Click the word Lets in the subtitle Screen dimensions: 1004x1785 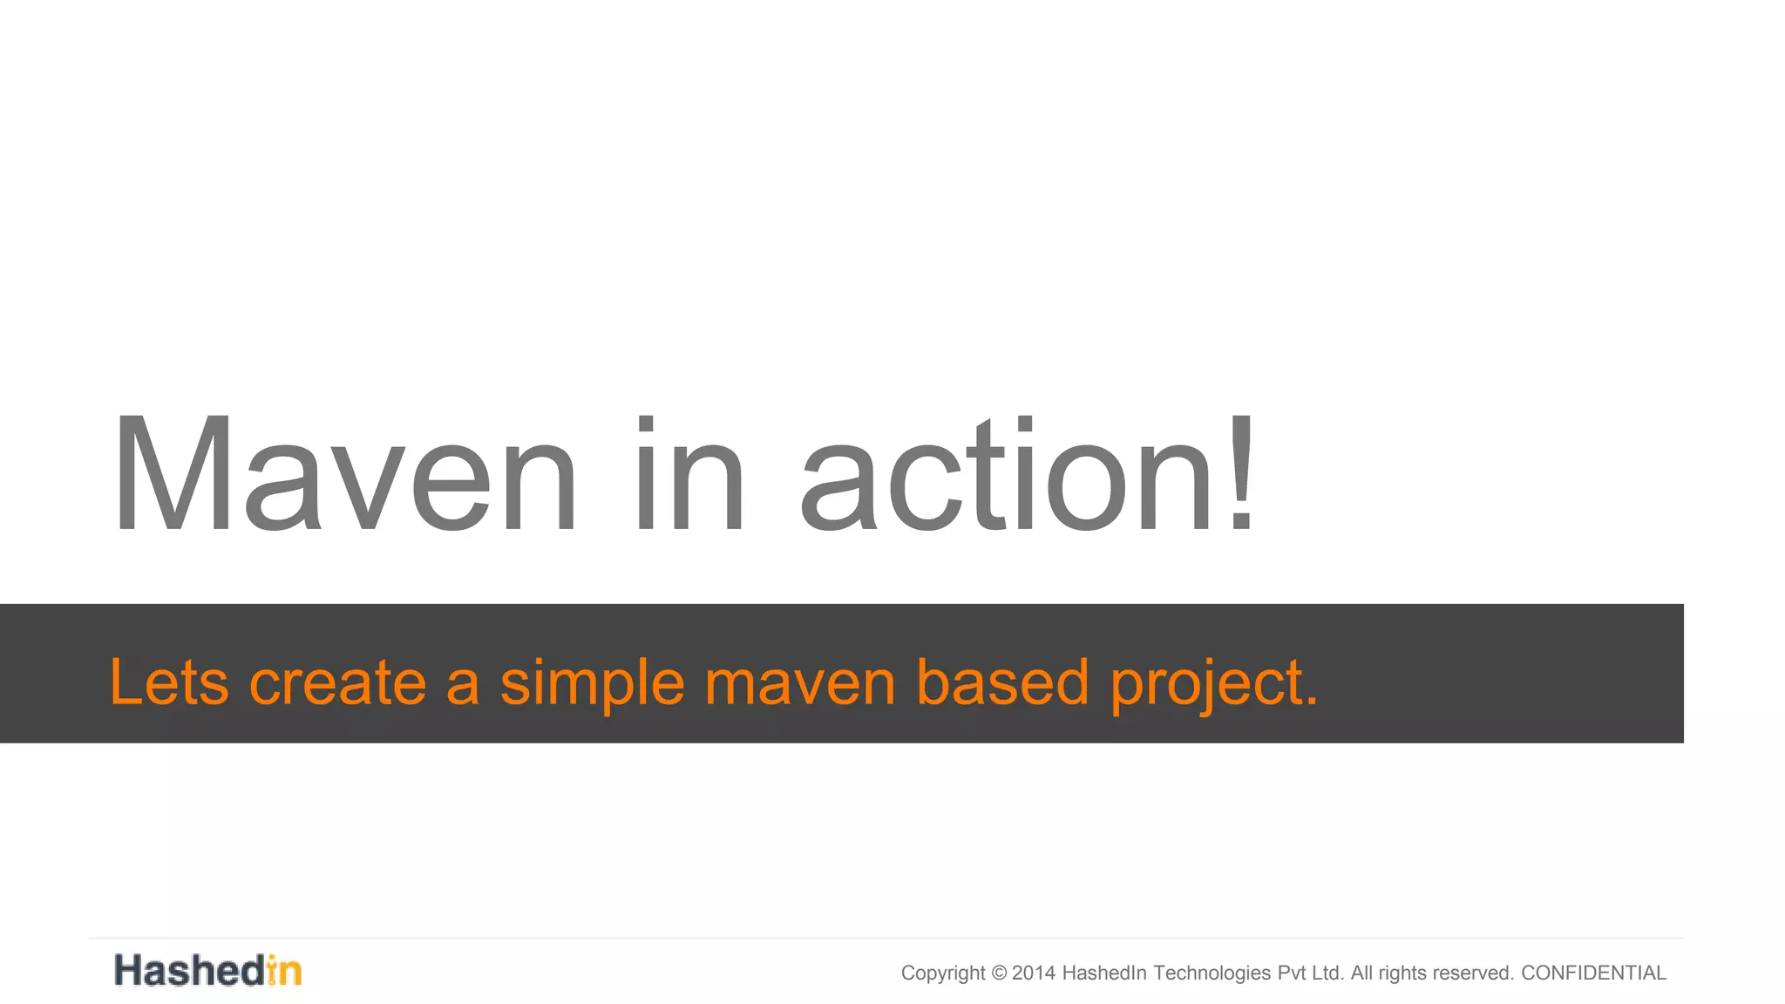click(x=169, y=682)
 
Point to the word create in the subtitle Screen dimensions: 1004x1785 click(x=337, y=682)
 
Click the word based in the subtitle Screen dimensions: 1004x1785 click(x=1002, y=682)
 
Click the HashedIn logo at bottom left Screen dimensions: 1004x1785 click(x=207, y=971)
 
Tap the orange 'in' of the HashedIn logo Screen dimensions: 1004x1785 click(x=284, y=971)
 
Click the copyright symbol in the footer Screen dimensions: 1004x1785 click(x=999, y=973)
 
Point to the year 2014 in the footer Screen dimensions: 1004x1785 click(x=1034, y=973)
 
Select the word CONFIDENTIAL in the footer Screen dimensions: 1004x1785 click(x=1593, y=973)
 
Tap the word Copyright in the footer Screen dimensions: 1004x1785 click(x=943, y=973)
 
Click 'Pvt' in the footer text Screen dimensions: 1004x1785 click(x=1292, y=973)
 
